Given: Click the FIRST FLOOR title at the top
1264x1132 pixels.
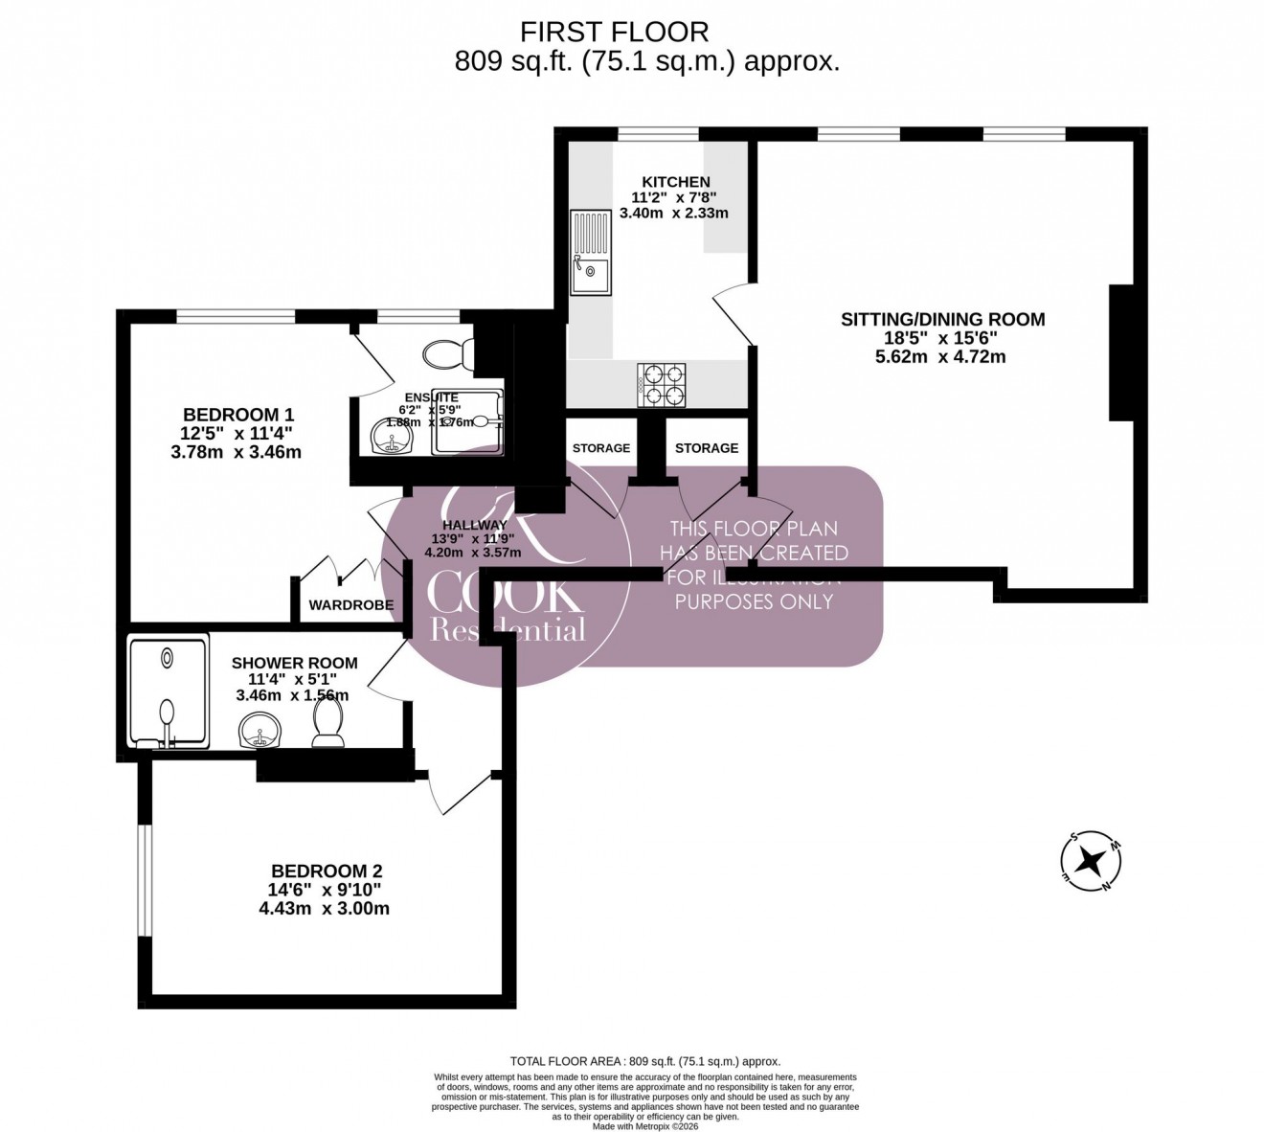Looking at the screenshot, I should (x=614, y=32).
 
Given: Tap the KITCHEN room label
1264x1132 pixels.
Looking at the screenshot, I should (x=675, y=182).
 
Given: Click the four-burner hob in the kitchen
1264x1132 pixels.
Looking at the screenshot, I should (x=662, y=383).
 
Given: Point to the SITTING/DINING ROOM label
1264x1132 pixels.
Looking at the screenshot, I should (x=942, y=320).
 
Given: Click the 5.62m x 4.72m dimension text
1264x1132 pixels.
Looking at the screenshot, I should (x=942, y=357).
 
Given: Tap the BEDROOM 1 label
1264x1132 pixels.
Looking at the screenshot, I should (x=237, y=415).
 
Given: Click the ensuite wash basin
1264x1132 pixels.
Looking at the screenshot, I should (x=391, y=438).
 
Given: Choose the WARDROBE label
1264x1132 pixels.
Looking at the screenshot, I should (x=350, y=605).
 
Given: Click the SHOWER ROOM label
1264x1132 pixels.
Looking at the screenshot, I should (x=294, y=663).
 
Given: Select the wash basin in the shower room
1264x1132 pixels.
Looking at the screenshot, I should (x=260, y=733).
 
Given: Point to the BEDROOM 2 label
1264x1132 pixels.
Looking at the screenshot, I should (x=327, y=872).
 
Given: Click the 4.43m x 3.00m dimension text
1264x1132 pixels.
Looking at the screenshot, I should (x=324, y=909).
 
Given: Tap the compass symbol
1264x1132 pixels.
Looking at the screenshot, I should (x=1089, y=861).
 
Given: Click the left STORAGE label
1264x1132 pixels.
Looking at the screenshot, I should (x=601, y=448).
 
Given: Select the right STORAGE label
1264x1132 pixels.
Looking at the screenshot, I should (x=707, y=448).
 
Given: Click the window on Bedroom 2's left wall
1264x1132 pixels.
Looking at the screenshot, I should (x=144, y=879).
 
